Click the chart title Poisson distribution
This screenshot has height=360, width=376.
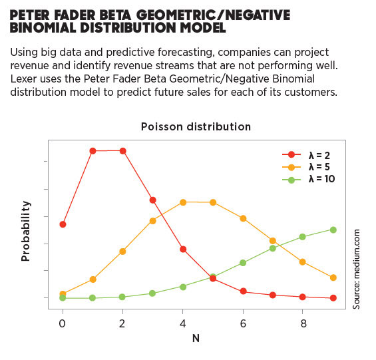click(x=196, y=126)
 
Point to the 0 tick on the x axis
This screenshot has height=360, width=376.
click(x=62, y=323)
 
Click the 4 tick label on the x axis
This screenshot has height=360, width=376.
click(x=182, y=323)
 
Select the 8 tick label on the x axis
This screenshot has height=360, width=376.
click(x=303, y=323)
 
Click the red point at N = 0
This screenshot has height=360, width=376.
click(x=63, y=224)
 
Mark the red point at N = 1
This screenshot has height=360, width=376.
click(x=93, y=151)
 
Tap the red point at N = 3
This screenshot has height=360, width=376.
click(x=153, y=200)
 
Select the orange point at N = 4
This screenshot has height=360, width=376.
click(x=183, y=202)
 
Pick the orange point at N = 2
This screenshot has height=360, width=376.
click(x=122, y=251)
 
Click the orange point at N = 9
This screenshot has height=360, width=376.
click(x=333, y=277)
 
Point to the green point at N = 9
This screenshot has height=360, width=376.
click(x=333, y=230)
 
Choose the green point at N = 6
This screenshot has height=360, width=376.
click(x=243, y=263)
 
